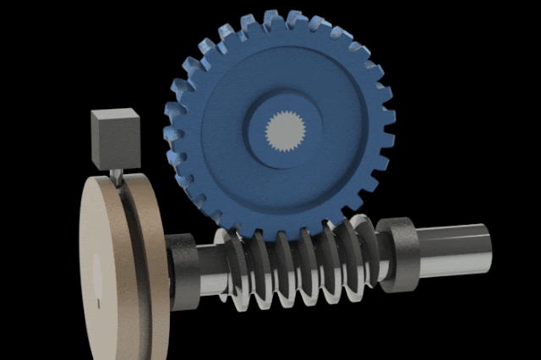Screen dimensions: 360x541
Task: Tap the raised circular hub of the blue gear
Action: [279, 127]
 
